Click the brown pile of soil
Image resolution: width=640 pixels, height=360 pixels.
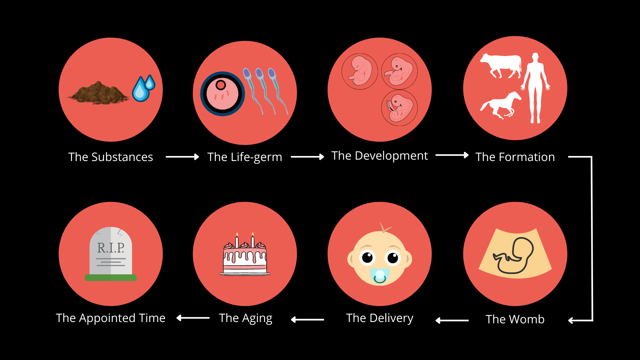pyautogui.click(x=98, y=93)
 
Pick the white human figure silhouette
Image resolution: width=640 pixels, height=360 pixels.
pyautogui.click(x=535, y=88)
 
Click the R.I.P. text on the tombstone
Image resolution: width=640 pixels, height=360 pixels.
pyautogui.click(x=111, y=248)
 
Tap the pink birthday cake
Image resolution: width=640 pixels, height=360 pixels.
pyautogui.click(x=245, y=258)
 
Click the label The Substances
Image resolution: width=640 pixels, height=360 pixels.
pyautogui.click(x=111, y=157)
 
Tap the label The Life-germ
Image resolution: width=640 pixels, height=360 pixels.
pyautogui.click(x=245, y=157)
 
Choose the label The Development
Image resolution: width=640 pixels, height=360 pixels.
pyautogui.click(x=379, y=156)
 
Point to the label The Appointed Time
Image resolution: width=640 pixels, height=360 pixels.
pyautogui.click(x=111, y=318)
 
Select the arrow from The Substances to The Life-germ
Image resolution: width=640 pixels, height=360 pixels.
pyautogui.click(x=182, y=157)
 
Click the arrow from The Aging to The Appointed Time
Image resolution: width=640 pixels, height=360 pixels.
pyautogui.click(x=193, y=318)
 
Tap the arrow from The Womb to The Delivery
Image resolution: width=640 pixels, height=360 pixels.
pyautogui.click(x=452, y=320)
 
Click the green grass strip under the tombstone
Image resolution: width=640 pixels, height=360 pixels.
pyautogui.click(x=111, y=278)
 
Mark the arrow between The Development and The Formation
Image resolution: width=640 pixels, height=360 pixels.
pyautogui.click(x=452, y=155)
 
